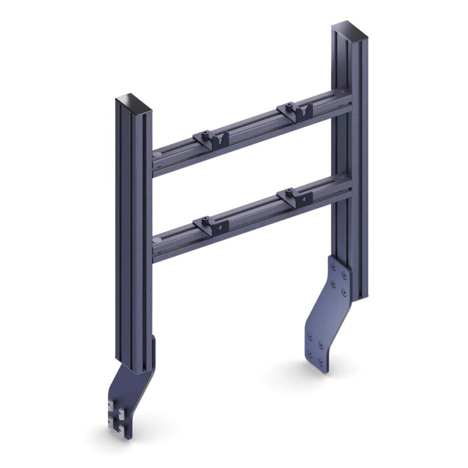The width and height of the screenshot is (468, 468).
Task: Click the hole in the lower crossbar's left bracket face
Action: coord(218,228)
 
